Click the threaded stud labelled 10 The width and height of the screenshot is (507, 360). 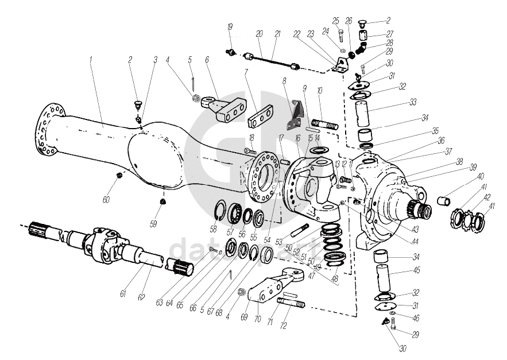coord(326,123)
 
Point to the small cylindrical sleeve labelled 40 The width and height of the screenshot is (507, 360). coord(444,201)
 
